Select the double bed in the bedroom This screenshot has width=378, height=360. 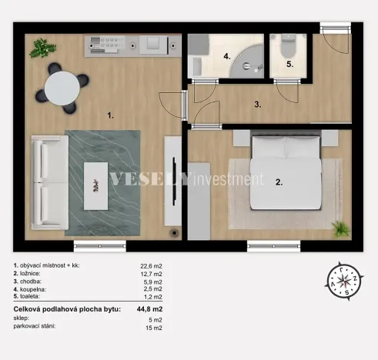pyautogui.click(x=286, y=173)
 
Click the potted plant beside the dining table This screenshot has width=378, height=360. pyautogui.click(x=38, y=49)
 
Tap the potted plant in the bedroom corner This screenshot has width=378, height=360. pyautogui.click(x=340, y=228)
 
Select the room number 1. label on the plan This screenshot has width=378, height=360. pyautogui.click(x=111, y=115)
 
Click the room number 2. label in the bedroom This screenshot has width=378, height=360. pyautogui.click(x=279, y=182)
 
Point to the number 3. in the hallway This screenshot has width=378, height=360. pyautogui.click(x=259, y=102)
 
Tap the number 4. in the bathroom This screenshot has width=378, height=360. pyautogui.click(x=227, y=56)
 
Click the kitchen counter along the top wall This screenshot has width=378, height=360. pyautogui.click(x=131, y=42)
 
